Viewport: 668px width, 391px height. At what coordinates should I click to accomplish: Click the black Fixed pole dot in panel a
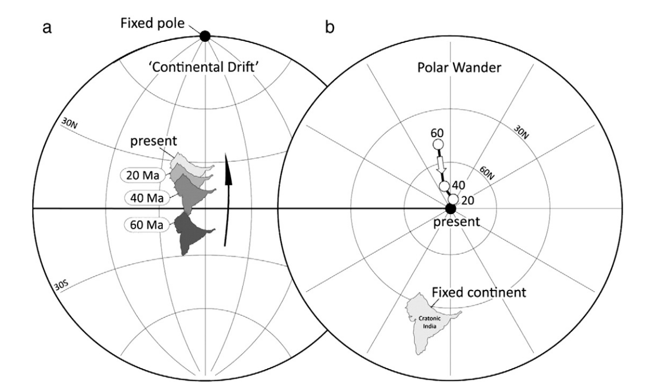click(x=205, y=36)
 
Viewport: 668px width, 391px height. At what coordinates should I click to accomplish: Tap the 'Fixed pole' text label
click(x=153, y=22)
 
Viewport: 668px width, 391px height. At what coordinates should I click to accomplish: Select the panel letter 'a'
click(x=47, y=28)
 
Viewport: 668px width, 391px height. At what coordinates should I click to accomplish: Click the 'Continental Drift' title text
click(x=205, y=67)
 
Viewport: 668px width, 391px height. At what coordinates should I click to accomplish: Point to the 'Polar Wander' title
click(x=459, y=67)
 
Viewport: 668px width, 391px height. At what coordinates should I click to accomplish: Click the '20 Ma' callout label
click(x=143, y=175)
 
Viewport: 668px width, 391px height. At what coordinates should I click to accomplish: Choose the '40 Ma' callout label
click(x=147, y=198)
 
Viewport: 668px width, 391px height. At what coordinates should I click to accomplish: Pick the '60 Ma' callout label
click(x=147, y=224)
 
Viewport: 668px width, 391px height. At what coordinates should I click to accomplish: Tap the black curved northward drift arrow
click(x=228, y=200)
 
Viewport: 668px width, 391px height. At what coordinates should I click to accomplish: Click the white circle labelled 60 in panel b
click(x=438, y=144)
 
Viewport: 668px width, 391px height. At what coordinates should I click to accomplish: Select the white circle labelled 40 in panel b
click(x=444, y=187)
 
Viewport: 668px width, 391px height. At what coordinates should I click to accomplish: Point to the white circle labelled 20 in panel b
click(x=454, y=199)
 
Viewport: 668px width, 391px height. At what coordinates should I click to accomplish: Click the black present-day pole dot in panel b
click(x=450, y=208)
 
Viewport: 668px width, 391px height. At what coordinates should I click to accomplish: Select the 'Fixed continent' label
click(x=479, y=292)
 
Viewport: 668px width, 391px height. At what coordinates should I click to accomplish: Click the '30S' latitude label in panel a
click(x=61, y=285)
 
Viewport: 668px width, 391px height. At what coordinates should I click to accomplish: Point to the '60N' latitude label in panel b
click(x=487, y=173)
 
